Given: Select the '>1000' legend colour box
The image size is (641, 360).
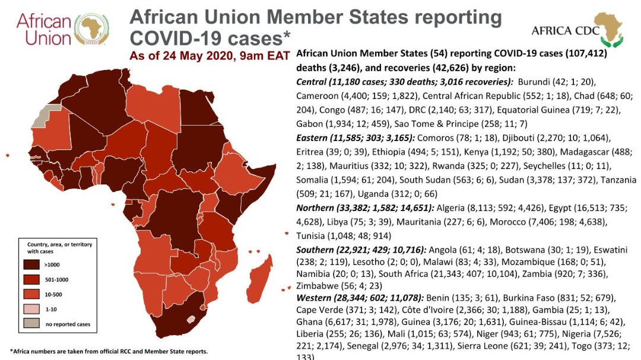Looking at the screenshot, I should [x=32, y=263].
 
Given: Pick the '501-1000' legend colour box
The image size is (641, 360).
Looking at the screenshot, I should [x=32, y=279].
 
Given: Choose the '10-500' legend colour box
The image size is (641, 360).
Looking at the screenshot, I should [x=32, y=294].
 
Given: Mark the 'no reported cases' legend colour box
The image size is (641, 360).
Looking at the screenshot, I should [x=32, y=324].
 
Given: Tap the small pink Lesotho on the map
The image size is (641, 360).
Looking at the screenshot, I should [x=191, y=319].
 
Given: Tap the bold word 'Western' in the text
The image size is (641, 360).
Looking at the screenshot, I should [x=315, y=297].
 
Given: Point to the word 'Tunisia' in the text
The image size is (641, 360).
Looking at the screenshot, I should [x=310, y=235].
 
